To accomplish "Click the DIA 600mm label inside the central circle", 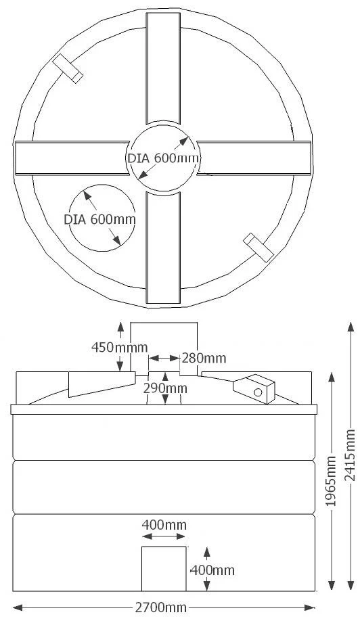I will (x=163, y=158).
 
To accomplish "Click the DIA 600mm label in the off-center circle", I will (x=99, y=219).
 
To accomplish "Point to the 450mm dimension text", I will (x=119, y=347).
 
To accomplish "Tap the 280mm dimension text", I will (x=204, y=357).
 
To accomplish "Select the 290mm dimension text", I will (x=166, y=388).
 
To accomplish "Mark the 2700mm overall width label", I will (x=161, y=607).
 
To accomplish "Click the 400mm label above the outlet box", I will (x=164, y=524).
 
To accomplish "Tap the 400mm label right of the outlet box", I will (x=212, y=570).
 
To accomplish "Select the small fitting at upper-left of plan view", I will (x=68, y=68).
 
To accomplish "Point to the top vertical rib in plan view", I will (x=163, y=68).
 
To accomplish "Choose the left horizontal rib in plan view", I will (x=71, y=158).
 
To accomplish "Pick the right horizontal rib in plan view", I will (x=254, y=158).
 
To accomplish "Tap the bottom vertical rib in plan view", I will (x=163, y=248).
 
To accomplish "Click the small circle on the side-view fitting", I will (x=258, y=392).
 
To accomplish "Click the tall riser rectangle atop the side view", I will (x=163, y=345).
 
